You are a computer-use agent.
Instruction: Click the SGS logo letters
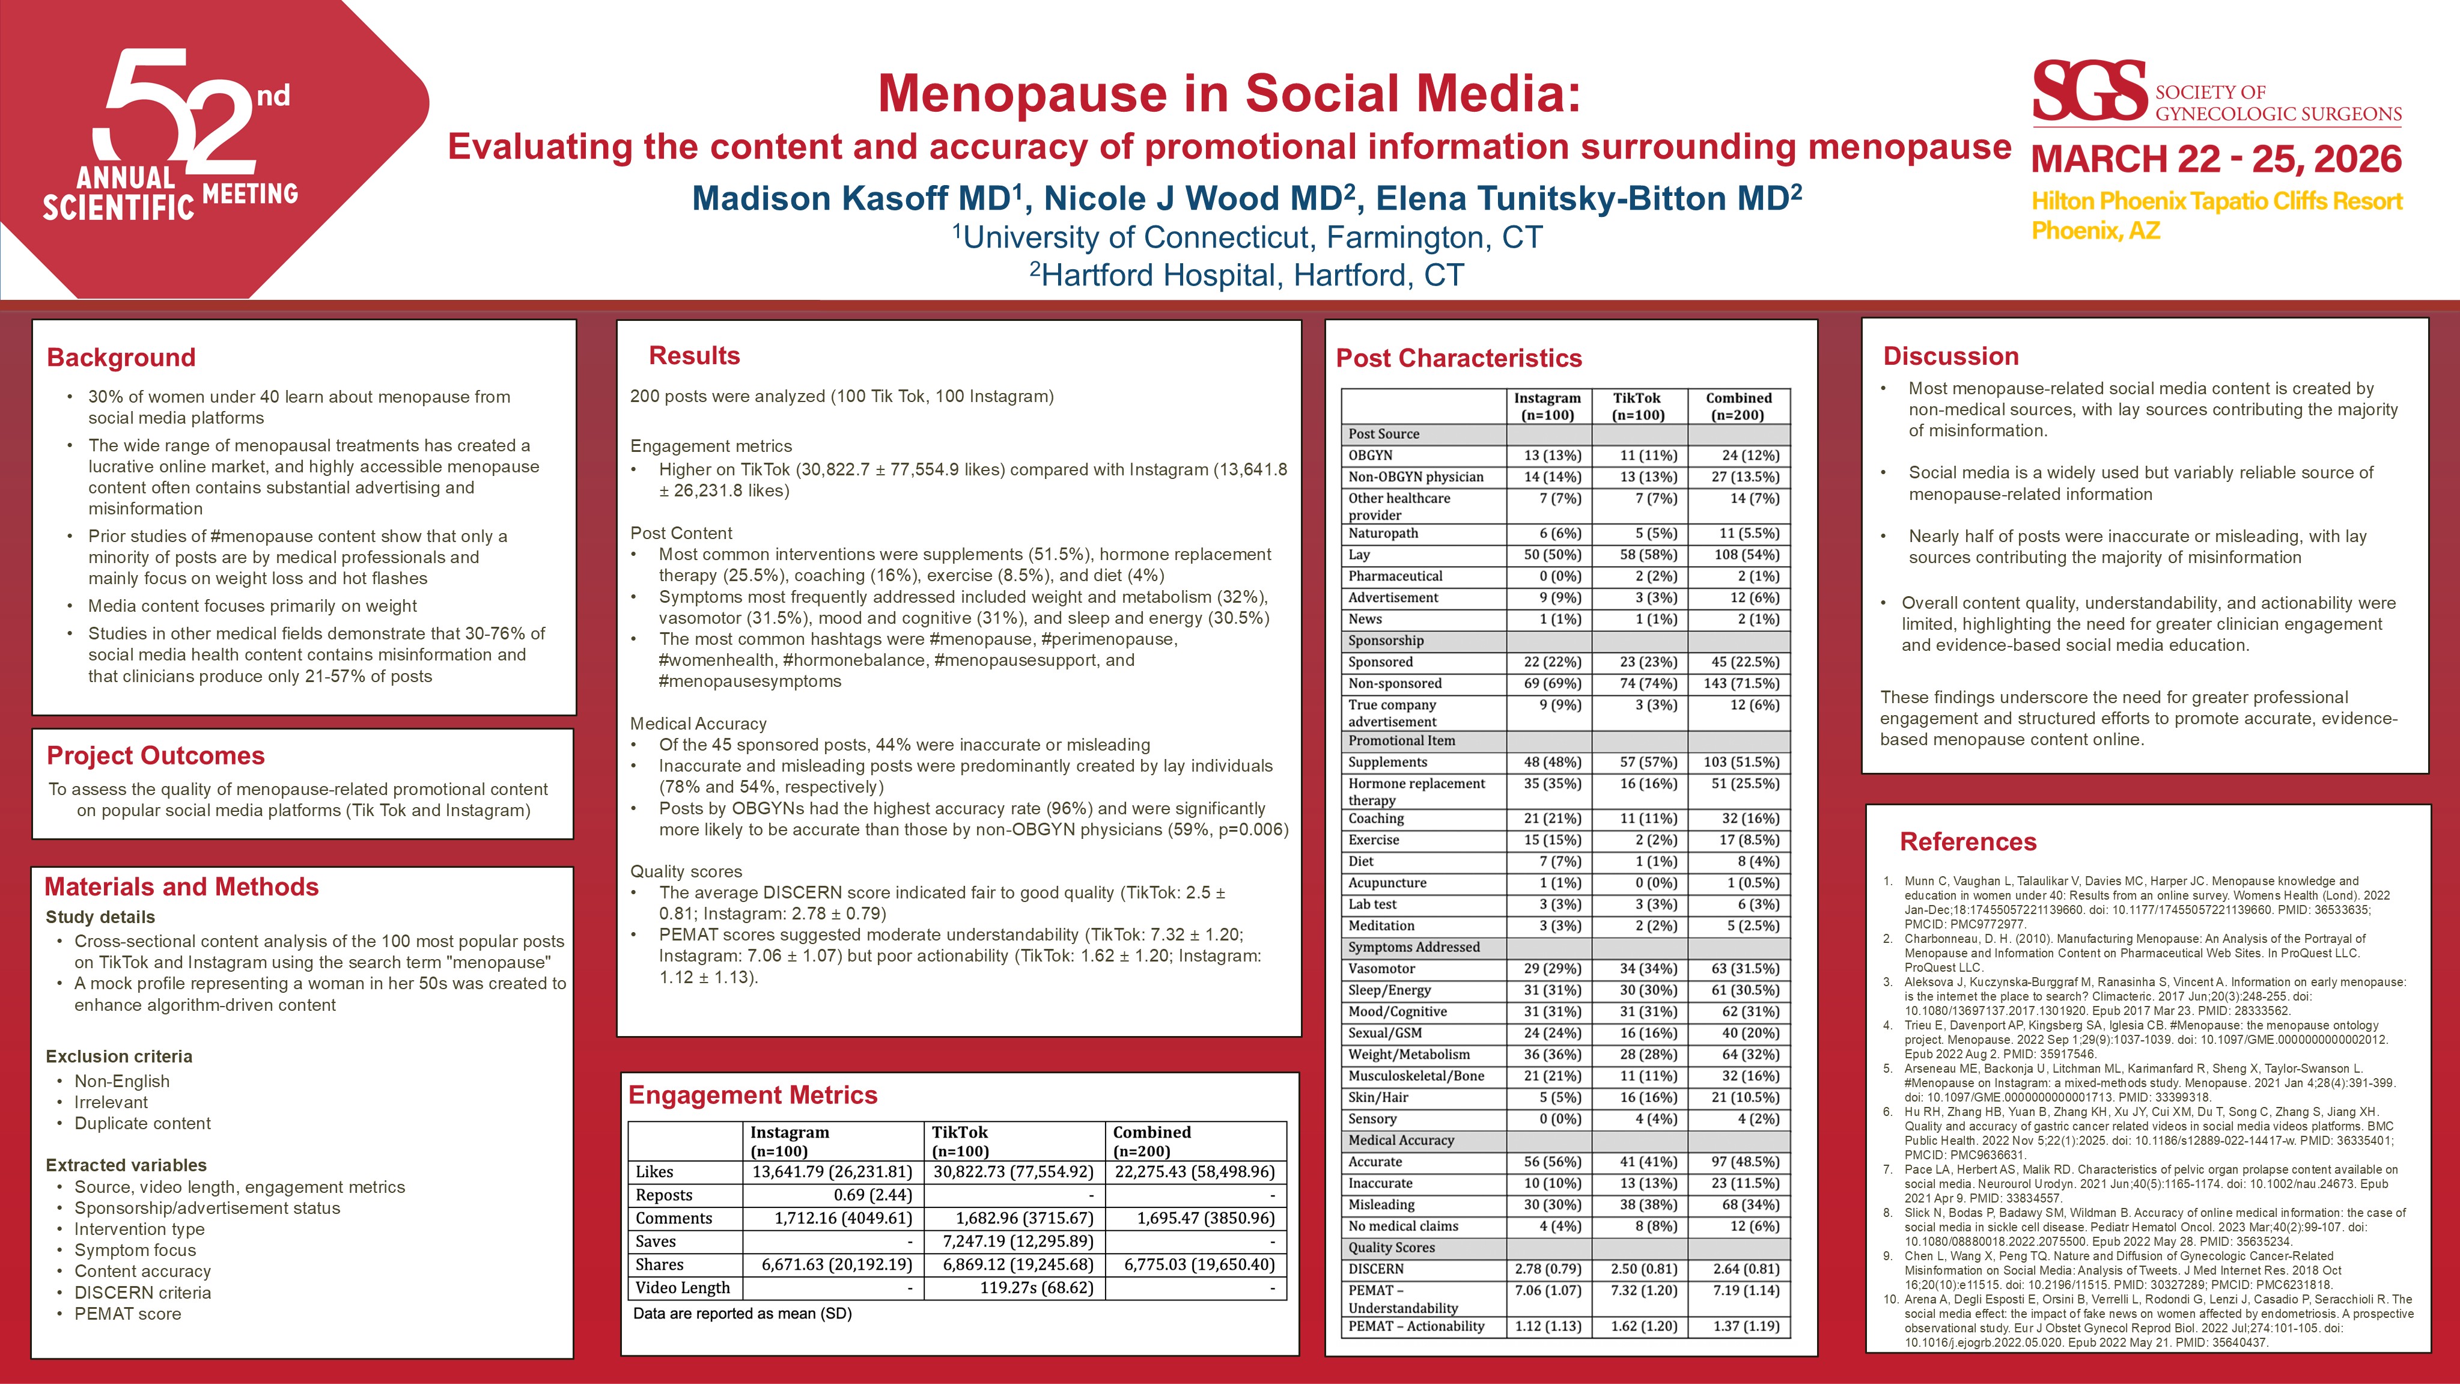pyautogui.click(x=2089, y=92)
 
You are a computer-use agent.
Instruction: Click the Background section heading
pyautogui.click(x=121, y=357)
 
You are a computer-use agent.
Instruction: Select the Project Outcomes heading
pyautogui.click(x=156, y=755)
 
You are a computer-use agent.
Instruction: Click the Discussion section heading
pyautogui.click(x=1950, y=356)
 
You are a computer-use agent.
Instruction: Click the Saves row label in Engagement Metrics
pyautogui.click(x=656, y=1241)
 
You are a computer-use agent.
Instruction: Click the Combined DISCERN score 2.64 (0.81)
pyautogui.click(x=1746, y=1269)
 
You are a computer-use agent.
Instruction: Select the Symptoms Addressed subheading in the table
pyautogui.click(x=1413, y=948)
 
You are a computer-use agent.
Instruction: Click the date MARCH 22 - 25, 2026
pyautogui.click(x=2215, y=159)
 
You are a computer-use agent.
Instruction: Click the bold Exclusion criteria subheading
pyautogui.click(x=118, y=1056)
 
